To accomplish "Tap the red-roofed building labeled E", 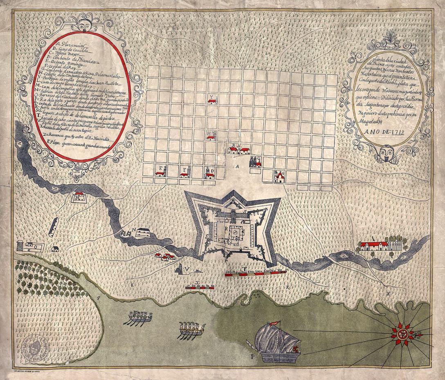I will (160, 173).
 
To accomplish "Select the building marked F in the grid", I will (184, 174).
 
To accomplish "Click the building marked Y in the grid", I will (212, 101).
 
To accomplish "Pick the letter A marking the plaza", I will (236, 167).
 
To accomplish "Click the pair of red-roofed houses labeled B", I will (238, 150).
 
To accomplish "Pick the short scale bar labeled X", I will (200, 288).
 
